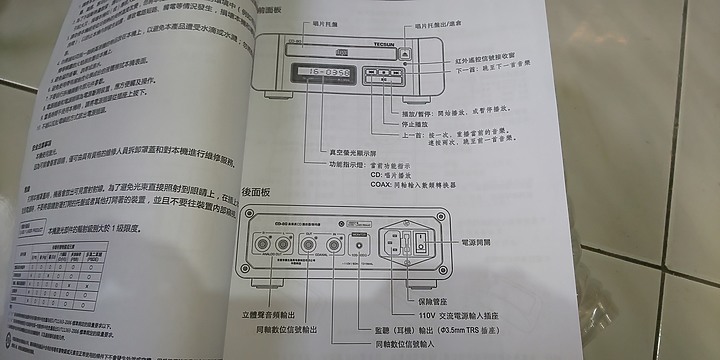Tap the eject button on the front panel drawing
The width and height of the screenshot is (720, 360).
(404, 55)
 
